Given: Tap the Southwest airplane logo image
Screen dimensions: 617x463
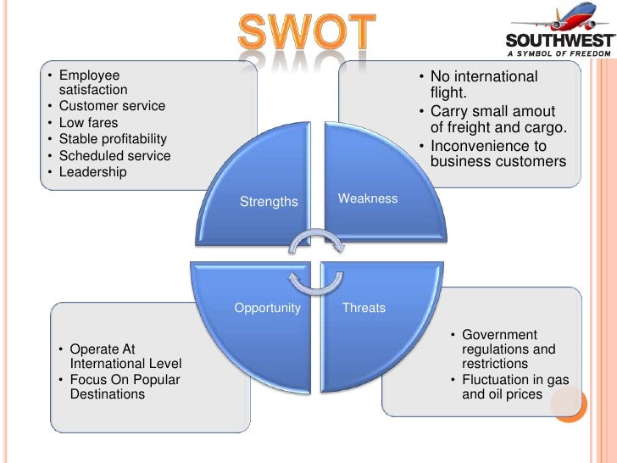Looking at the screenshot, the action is [x=564, y=19].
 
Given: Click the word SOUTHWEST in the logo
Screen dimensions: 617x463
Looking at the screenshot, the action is [x=559, y=40].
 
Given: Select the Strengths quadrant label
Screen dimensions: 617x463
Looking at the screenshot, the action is [x=269, y=202].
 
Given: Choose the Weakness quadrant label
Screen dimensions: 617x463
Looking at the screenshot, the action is [x=368, y=198].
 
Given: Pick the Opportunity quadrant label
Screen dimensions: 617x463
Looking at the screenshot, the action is [x=267, y=308].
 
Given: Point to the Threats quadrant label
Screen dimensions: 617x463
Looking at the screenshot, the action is [x=364, y=308].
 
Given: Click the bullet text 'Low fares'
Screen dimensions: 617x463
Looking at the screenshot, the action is [x=90, y=123].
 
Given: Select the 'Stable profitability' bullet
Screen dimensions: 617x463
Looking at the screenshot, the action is [x=113, y=139].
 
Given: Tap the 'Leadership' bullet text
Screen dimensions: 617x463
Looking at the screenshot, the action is [x=92, y=172].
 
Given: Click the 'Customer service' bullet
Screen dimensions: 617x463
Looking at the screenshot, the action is [x=112, y=106].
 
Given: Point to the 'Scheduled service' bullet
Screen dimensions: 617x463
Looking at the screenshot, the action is [x=114, y=156].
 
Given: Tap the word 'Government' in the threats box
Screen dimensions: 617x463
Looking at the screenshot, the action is [x=499, y=335].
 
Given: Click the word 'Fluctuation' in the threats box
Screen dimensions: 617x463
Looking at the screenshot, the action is [x=497, y=379].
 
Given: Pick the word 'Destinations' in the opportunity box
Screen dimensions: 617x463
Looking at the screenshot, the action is [x=108, y=394].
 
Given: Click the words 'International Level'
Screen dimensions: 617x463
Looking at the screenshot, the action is [x=125, y=364].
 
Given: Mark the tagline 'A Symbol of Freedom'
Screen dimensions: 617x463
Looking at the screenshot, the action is [x=561, y=53].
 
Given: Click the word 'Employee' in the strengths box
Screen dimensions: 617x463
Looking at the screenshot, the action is [x=90, y=75].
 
